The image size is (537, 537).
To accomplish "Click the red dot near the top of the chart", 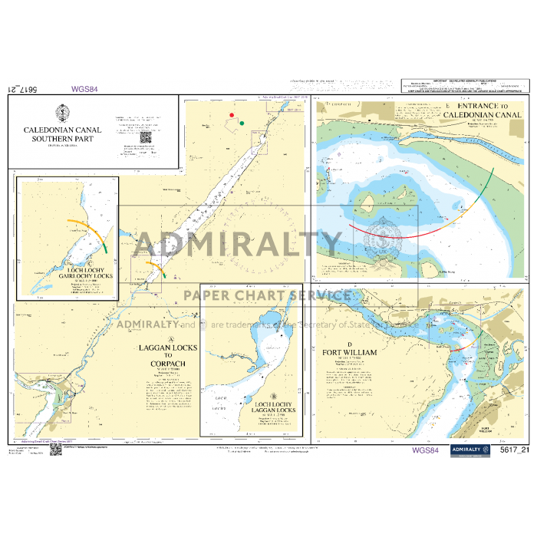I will click(232, 115).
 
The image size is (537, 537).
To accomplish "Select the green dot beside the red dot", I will click(242, 122).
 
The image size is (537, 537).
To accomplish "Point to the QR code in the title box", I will click(145, 138).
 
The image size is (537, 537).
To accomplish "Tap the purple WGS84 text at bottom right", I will click(424, 450).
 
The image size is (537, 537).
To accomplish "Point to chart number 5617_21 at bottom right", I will click(514, 450).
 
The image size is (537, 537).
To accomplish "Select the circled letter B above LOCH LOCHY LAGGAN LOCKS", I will click(262, 396).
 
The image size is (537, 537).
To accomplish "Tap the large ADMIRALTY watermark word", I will click(238, 245).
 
